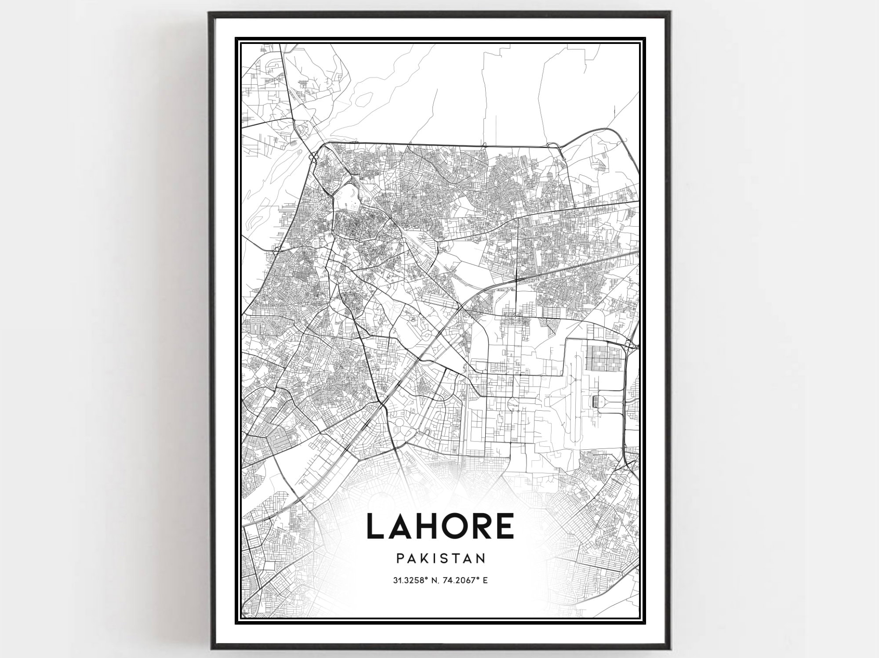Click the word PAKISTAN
[x=441, y=558]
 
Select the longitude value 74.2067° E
[x=466, y=580]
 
